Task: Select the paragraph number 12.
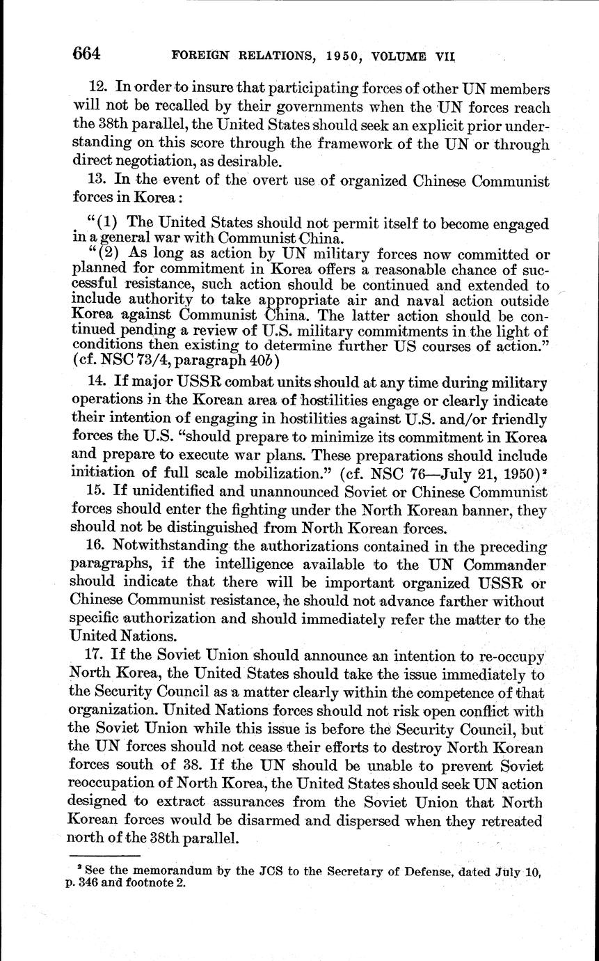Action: click(97, 88)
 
